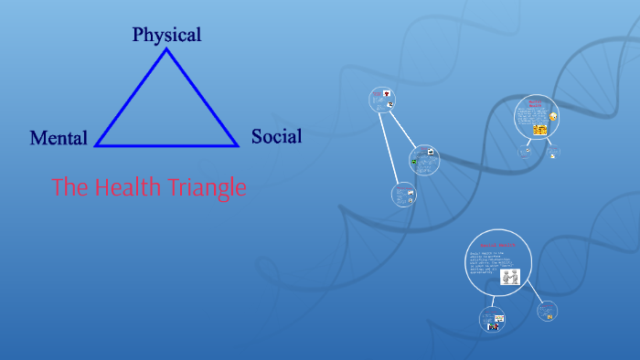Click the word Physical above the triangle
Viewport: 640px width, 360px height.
pyautogui.click(x=166, y=35)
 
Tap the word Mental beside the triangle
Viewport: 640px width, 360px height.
pyautogui.click(x=59, y=138)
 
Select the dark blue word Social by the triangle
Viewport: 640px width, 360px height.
pyautogui.click(x=276, y=137)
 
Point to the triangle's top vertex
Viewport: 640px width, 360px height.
pyautogui.click(x=166, y=50)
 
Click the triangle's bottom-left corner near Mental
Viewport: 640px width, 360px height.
pyautogui.click(x=97, y=144)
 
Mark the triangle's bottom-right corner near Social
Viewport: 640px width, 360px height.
pyautogui.click(x=237, y=144)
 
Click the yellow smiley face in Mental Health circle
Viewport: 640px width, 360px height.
pyautogui.click(x=552, y=118)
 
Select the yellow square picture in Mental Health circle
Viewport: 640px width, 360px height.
pyautogui.click(x=539, y=131)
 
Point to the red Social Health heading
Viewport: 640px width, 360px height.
pyautogui.click(x=498, y=246)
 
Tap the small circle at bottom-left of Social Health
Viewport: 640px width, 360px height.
pyautogui.click(x=491, y=319)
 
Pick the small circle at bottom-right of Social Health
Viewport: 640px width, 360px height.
pyautogui.click(x=548, y=311)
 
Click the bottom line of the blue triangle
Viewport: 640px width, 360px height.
pyautogui.click(x=166, y=144)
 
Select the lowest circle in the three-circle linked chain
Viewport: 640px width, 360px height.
pyautogui.click(x=403, y=194)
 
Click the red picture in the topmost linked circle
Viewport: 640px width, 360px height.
pyautogui.click(x=387, y=94)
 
